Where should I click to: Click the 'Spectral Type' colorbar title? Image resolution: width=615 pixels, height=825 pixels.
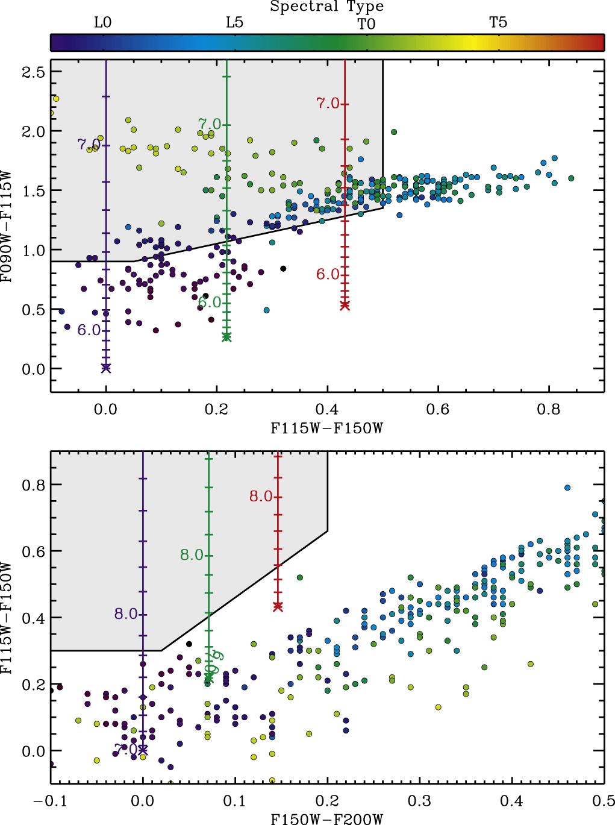click(x=326, y=7)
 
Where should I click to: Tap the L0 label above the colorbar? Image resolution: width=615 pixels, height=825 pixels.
click(x=102, y=23)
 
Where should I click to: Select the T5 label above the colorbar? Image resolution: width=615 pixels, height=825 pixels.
click(x=498, y=23)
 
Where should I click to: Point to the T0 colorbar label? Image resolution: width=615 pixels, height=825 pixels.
click(x=366, y=24)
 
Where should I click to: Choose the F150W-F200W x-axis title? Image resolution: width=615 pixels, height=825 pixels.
click(x=326, y=818)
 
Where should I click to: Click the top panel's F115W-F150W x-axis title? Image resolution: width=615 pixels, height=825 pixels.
click(x=326, y=428)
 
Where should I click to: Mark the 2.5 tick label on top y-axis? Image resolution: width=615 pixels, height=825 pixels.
click(x=33, y=72)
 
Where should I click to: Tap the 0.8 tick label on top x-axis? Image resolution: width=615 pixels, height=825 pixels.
click(x=548, y=410)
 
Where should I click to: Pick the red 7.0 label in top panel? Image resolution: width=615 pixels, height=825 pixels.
click(x=328, y=104)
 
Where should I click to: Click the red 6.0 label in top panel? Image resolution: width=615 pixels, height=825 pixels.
click(x=328, y=275)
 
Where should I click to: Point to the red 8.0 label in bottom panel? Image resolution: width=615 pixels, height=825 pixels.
click(x=261, y=497)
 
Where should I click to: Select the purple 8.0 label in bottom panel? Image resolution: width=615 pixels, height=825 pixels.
click(x=126, y=614)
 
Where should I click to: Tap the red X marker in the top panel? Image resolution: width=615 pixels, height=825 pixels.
click(x=345, y=306)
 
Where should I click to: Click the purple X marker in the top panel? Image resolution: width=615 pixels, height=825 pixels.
click(x=106, y=368)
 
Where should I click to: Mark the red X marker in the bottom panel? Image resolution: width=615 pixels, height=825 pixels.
click(x=278, y=606)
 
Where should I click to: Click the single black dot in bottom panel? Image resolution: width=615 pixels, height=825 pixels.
click(x=189, y=644)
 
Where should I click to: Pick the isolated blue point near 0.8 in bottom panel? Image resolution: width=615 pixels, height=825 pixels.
click(x=567, y=488)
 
